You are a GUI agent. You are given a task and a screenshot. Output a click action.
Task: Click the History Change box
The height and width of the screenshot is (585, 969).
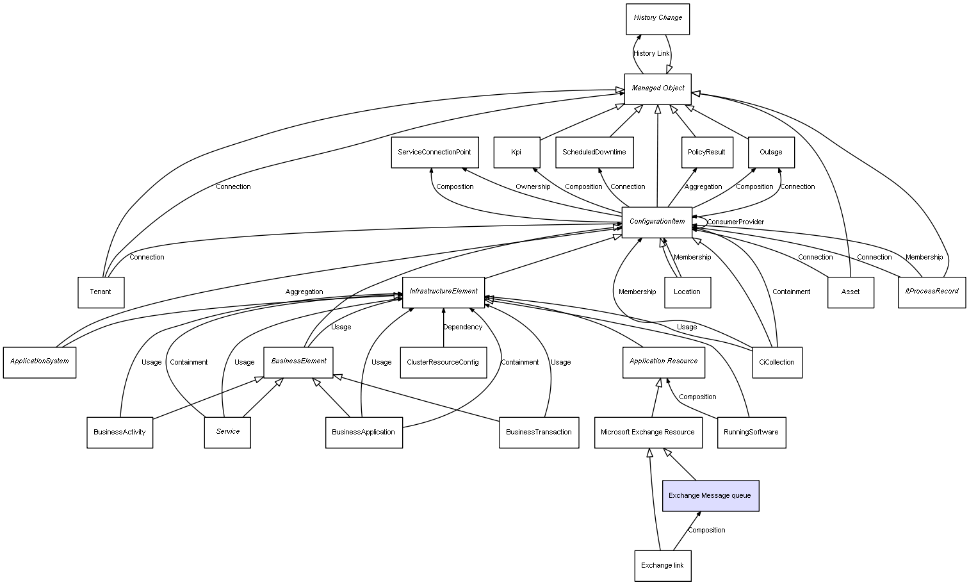pyautogui.click(x=658, y=19)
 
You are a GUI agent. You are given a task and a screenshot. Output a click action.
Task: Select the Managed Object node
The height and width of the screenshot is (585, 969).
pyautogui.click(x=658, y=89)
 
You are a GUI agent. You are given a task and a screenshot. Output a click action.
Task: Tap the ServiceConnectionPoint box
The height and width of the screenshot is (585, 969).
pyautogui.click(x=435, y=152)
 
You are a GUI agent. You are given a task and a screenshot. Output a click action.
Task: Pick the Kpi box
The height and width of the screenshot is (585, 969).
pyautogui.click(x=516, y=152)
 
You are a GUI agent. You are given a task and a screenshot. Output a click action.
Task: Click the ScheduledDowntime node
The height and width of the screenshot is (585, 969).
pyautogui.click(x=594, y=152)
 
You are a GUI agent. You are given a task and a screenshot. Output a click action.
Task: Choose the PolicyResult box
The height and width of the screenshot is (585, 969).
pyautogui.click(x=707, y=152)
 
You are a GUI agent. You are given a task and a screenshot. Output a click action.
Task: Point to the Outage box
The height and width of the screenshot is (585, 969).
pyautogui.click(x=771, y=152)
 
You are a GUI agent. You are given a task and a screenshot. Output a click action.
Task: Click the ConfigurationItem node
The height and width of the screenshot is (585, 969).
pyautogui.click(x=656, y=222)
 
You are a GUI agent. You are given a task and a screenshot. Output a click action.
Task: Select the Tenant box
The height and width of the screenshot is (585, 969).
pyautogui.click(x=101, y=292)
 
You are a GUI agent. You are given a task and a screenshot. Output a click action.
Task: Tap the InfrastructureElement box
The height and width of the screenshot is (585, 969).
pyautogui.click(x=443, y=292)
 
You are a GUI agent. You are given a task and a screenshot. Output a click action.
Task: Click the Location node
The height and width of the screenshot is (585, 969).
pyautogui.click(x=687, y=292)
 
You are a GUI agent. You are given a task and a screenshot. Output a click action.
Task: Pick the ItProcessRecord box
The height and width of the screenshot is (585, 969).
pyautogui.click(x=932, y=292)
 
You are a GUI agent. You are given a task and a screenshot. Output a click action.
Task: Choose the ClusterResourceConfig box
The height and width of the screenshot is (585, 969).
pyautogui.click(x=443, y=363)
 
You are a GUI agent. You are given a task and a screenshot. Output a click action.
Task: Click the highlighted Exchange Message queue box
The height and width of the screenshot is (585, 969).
pyautogui.click(x=710, y=496)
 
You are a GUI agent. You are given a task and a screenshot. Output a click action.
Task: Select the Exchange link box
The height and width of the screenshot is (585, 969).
pyautogui.click(x=663, y=566)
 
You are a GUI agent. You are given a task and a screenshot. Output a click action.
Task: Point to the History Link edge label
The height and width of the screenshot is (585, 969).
pyautogui.click(x=651, y=54)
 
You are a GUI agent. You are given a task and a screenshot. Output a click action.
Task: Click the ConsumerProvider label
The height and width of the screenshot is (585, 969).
pyautogui.click(x=736, y=222)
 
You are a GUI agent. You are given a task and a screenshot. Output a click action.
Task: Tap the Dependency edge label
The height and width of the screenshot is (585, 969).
pyautogui.click(x=462, y=327)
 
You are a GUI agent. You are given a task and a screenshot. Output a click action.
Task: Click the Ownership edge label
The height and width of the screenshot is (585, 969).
pyautogui.click(x=533, y=187)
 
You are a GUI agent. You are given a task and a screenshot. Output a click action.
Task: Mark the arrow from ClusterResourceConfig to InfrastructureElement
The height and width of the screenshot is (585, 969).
pyautogui.click(x=443, y=327)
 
